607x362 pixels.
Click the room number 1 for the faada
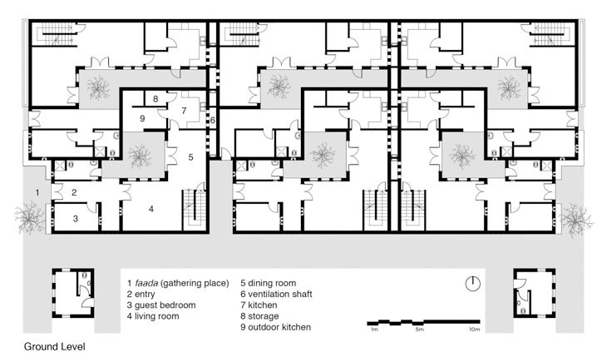click(x=37, y=192)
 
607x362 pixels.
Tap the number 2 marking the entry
click(x=74, y=192)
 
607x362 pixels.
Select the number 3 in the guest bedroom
click(x=76, y=219)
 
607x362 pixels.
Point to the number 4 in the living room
click(x=151, y=209)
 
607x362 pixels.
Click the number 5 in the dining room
click(x=191, y=157)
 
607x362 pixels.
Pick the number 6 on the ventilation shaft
click(x=213, y=121)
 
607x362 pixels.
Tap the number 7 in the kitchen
click(x=184, y=111)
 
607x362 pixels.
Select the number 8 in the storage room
click(x=155, y=99)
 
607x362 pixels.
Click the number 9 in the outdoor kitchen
click(x=142, y=119)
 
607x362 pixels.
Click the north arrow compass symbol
click(x=472, y=284)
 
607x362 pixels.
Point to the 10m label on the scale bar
click(x=474, y=330)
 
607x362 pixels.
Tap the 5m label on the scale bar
click(x=420, y=330)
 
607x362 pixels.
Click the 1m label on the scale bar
click(x=374, y=330)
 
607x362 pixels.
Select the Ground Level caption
click(x=55, y=346)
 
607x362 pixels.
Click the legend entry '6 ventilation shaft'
click(x=276, y=294)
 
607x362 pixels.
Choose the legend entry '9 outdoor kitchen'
click(x=275, y=327)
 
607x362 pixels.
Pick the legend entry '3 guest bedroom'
click(x=161, y=305)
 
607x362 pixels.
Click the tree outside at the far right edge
click(x=577, y=218)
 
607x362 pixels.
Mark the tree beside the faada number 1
click(x=29, y=217)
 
